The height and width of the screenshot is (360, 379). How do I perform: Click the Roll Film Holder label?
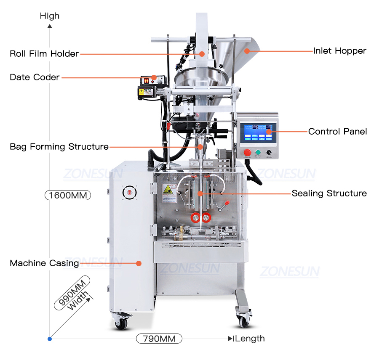(x=44, y=54)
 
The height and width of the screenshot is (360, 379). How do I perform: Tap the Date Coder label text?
(x=35, y=77)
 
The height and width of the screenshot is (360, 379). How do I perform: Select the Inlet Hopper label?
(x=339, y=51)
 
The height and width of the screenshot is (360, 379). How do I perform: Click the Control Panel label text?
(x=337, y=132)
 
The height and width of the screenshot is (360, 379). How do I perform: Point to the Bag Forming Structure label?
(x=59, y=147)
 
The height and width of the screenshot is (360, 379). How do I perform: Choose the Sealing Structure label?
(x=329, y=193)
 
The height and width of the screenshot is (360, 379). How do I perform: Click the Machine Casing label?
(x=44, y=263)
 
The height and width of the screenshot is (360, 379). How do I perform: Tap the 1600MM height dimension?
(x=67, y=195)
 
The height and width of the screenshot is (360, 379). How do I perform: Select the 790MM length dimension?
(x=159, y=339)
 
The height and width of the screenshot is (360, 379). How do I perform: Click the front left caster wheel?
(x=121, y=323)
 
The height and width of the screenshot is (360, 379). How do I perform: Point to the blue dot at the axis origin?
(x=50, y=339)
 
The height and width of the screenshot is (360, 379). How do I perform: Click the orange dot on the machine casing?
(x=139, y=263)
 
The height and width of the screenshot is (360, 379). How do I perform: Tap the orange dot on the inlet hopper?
(x=248, y=51)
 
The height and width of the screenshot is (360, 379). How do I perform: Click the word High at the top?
(x=50, y=16)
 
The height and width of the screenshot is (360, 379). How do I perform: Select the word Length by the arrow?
(x=250, y=339)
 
